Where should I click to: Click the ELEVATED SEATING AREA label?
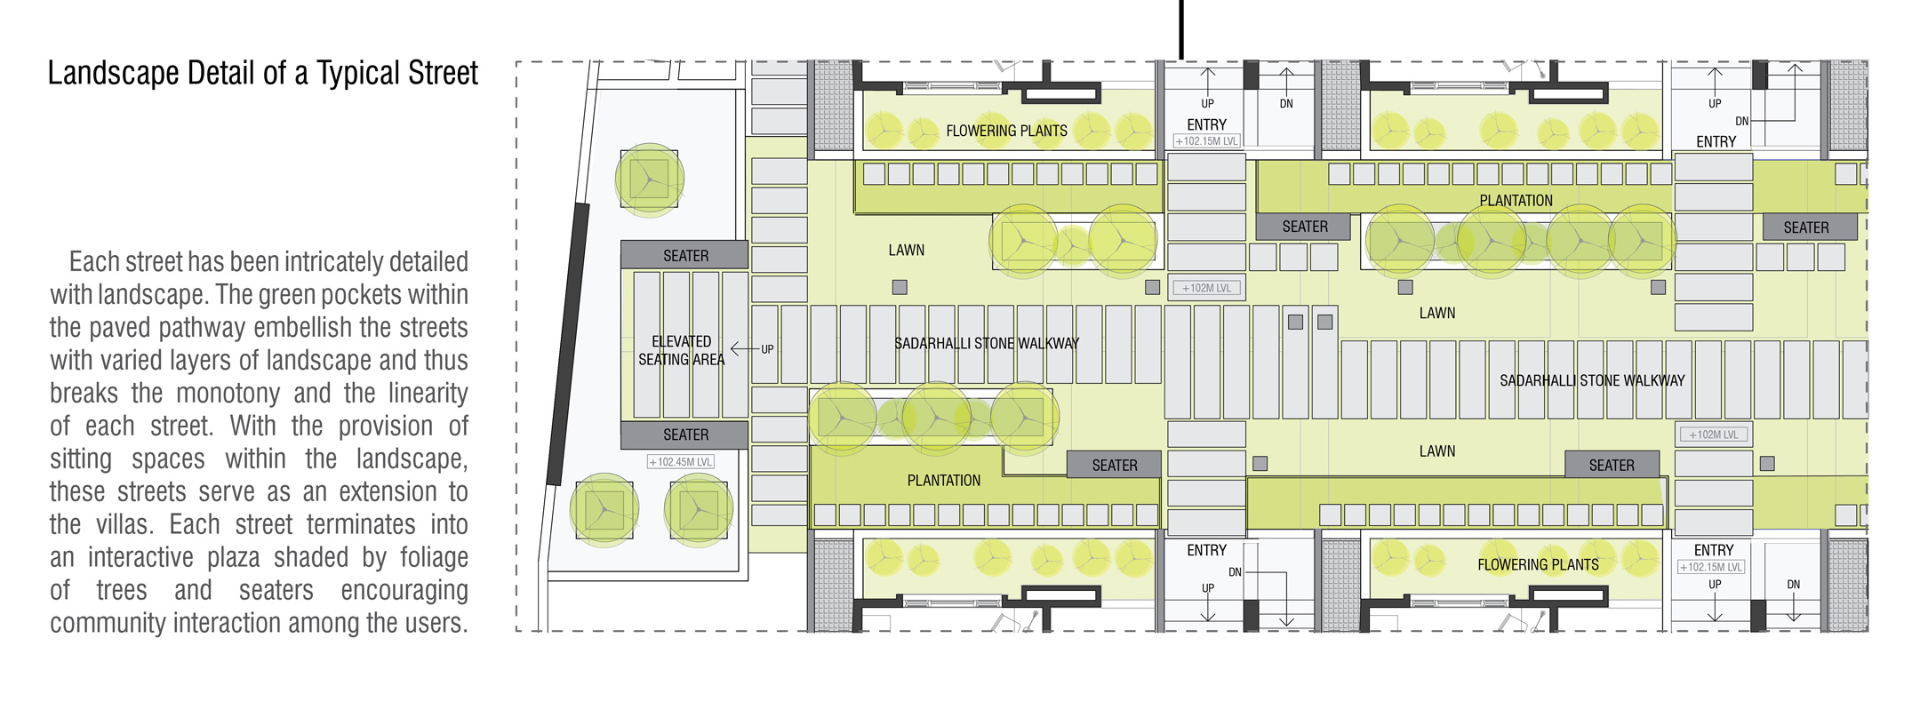(682, 350)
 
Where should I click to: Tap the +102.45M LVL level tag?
(681, 462)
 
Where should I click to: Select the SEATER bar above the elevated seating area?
(684, 255)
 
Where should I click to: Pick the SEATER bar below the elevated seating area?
(684, 435)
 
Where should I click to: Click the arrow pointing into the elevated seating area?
(744, 348)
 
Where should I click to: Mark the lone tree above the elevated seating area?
(650, 180)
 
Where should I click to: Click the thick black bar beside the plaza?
(568, 344)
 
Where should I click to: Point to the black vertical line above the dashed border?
(1181, 29)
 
